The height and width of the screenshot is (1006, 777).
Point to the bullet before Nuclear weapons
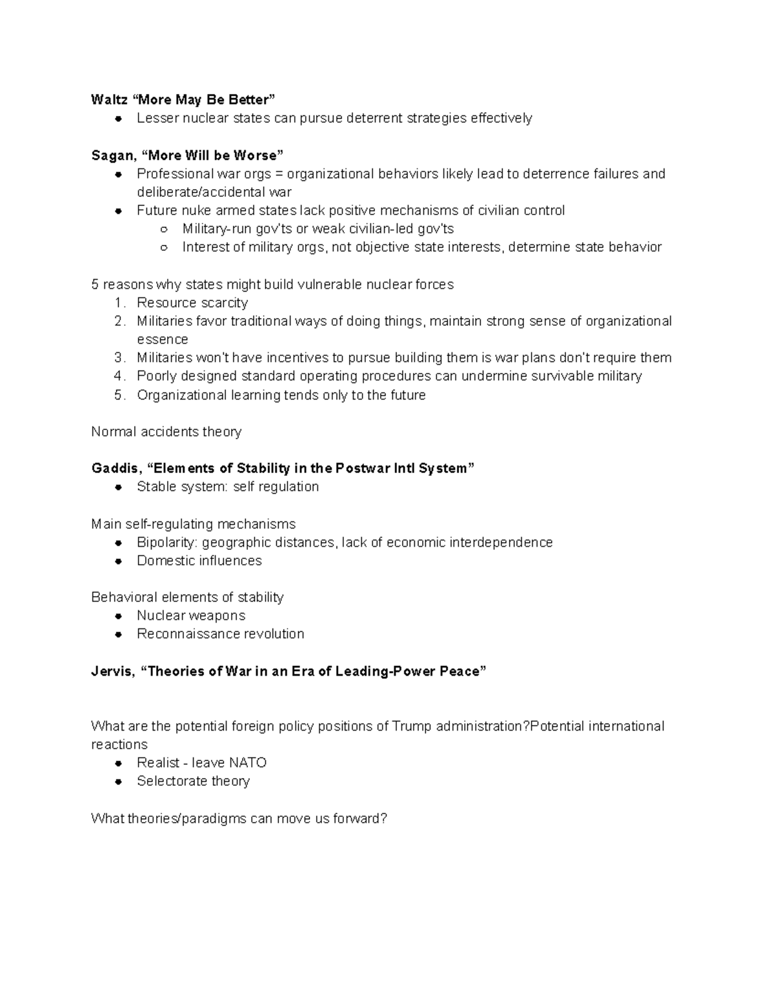[118, 616]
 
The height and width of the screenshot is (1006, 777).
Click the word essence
[163, 339]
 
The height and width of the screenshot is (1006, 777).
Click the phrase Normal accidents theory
[166, 432]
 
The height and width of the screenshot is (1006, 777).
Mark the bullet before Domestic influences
[118, 561]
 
